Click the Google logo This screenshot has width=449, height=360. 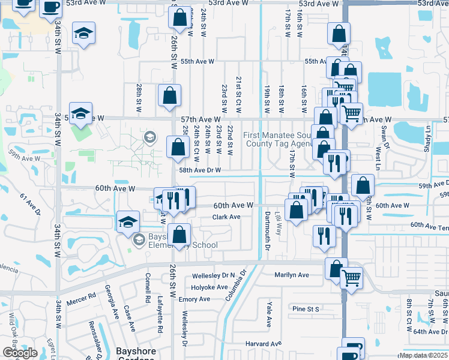(20, 353)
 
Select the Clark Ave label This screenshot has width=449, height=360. (226, 217)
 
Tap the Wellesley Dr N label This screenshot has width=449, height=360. (213, 276)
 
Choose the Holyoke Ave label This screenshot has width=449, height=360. (208, 287)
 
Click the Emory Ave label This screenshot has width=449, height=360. (194, 299)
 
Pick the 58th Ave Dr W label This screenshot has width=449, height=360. (200, 170)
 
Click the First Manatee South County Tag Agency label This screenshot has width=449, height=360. (277, 139)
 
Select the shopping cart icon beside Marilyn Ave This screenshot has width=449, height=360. (351, 277)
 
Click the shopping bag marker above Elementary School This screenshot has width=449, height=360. (179, 235)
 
